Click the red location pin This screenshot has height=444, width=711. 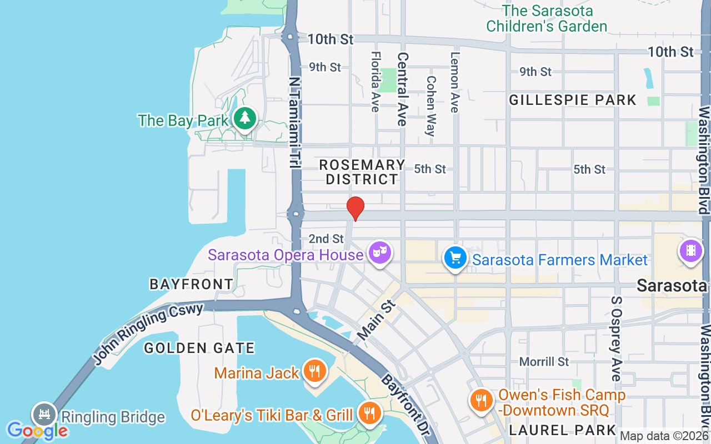point(355,209)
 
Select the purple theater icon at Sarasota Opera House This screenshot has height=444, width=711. point(380,253)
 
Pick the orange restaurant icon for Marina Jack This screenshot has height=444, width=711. point(315,371)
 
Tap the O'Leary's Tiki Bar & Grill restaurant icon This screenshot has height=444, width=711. point(368,413)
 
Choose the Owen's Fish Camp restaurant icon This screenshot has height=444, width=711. point(481,400)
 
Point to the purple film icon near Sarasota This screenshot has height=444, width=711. point(690,250)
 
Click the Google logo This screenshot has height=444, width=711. point(37,430)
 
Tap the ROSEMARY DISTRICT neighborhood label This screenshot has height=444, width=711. point(362,172)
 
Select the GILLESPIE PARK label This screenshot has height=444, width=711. point(573,100)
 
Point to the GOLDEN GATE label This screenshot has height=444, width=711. point(199,349)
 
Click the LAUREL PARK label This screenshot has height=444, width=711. point(563,430)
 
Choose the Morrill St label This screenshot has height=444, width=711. point(544,362)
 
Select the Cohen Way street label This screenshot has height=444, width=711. point(431,105)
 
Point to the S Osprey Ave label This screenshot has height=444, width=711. point(615,339)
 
